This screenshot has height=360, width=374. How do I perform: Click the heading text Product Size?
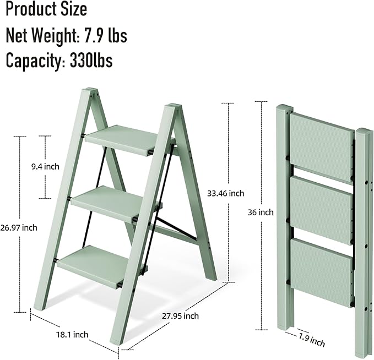coord(46,9)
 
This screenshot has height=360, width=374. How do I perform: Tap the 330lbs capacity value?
coord(91,61)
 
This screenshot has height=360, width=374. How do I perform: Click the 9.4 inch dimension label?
coord(46,166)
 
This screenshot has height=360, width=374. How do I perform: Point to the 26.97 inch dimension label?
coord(19,227)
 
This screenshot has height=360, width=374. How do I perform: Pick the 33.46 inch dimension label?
coord(225,193)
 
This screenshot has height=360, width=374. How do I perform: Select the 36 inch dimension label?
coord(261,212)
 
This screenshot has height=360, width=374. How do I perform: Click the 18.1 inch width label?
coord(72,334)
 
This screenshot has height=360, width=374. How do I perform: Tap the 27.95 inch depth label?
coord(181,316)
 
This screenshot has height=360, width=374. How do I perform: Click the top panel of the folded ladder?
coord(321,145)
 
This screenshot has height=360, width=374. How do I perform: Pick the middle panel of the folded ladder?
coord(321,209)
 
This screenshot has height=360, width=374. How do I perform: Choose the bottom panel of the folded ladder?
coord(321,271)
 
